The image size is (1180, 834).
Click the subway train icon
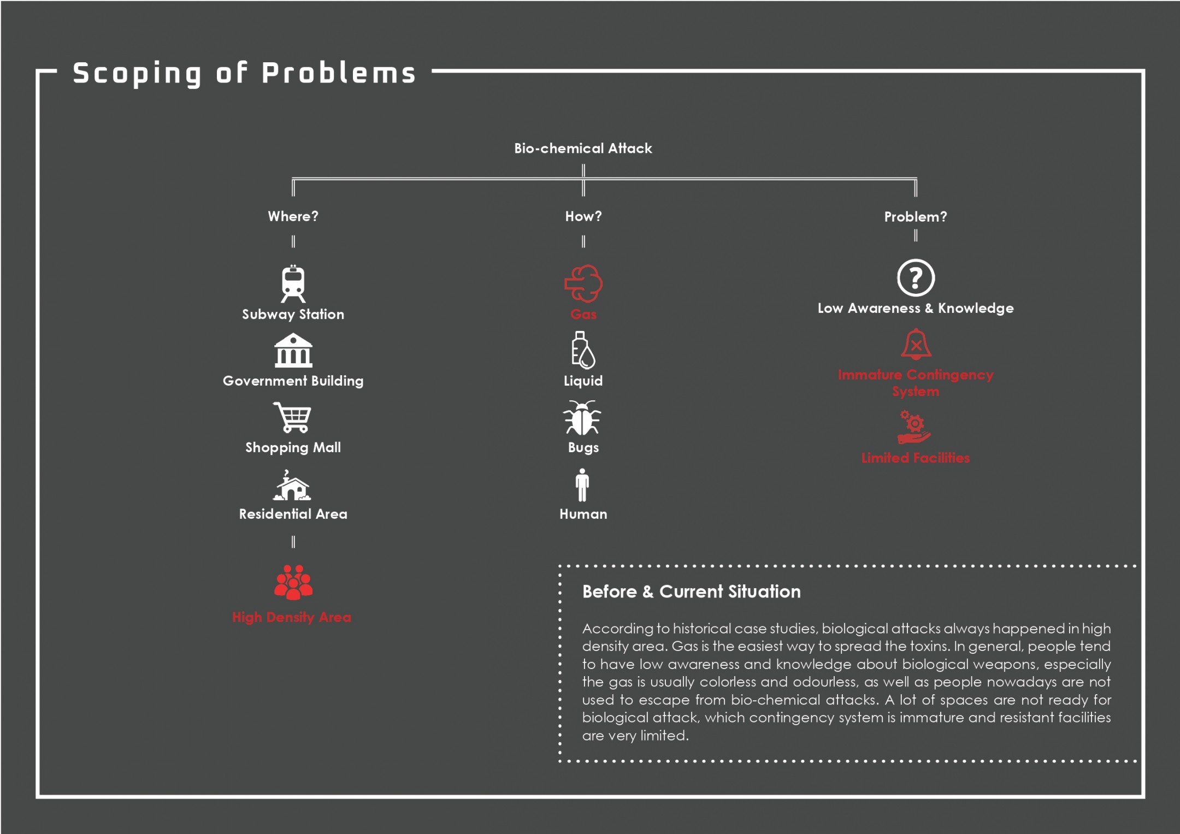coord(293,283)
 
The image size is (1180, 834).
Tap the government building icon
coord(293,350)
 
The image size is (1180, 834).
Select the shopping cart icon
coord(292,417)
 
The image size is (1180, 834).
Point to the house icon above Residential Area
coord(292,485)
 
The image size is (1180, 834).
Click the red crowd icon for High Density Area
coord(293,582)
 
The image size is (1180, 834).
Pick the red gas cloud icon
coord(583,283)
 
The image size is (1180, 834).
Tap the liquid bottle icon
coord(583,350)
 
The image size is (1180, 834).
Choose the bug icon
coord(582,418)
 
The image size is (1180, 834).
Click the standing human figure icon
coord(582,485)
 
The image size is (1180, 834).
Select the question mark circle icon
coord(916,277)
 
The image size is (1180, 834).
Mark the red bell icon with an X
coord(916,344)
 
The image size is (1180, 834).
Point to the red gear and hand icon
coord(914,427)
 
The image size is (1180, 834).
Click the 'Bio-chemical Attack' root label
coord(583,149)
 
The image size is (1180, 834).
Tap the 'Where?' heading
coord(293,216)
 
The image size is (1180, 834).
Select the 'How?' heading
coord(583,216)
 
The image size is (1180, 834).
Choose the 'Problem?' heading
coord(916,217)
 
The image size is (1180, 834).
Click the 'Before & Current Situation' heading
coord(692,592)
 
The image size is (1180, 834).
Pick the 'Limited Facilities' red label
coord(916,458)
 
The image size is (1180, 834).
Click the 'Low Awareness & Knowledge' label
coord(916,309)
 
